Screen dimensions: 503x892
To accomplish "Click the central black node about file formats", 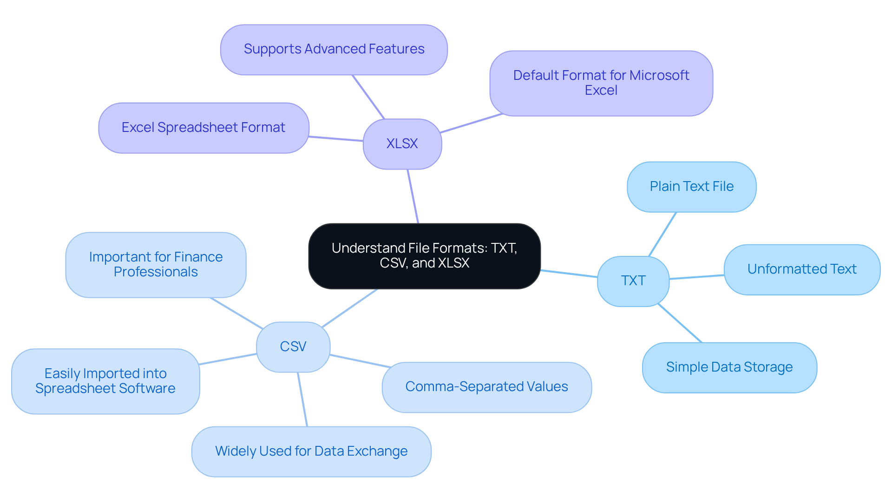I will [424, 256].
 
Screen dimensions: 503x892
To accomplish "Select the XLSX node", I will [402, 144].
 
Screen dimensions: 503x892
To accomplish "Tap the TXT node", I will [633, 281].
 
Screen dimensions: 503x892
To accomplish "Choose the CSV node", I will [293, 347].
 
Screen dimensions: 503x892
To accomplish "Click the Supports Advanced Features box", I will [334, 50].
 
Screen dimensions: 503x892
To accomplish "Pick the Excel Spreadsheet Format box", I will [203, 128].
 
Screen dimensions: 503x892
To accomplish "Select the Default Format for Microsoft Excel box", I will [601, 83].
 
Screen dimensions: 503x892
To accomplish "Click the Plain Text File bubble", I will [691, 187].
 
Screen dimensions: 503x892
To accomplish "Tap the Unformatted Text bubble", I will [802, 269].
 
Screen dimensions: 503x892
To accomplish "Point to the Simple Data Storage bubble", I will [729, 367].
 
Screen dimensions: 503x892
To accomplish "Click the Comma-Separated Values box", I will [486, 387].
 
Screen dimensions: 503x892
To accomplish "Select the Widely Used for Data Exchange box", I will [311, 451].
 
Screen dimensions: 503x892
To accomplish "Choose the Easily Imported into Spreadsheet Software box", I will [105, 381].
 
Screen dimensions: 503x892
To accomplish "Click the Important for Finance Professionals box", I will [156, 265].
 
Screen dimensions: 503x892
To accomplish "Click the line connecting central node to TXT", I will [569, 274].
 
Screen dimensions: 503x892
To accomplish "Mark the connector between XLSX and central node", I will [413, 196].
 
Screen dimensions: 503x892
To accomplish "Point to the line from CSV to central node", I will [349, 308].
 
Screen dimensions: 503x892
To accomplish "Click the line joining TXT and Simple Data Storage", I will [680, 323].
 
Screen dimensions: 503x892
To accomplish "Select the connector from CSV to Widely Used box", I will [302, 399].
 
